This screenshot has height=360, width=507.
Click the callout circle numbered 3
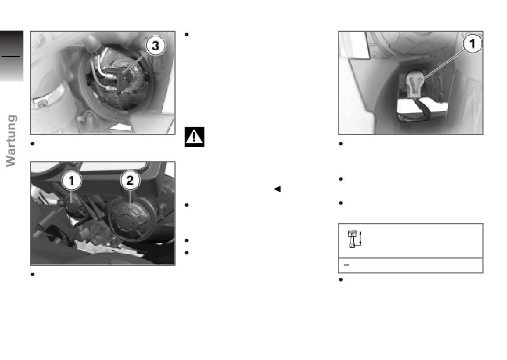click(x=155, y=45)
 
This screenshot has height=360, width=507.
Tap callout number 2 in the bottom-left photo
click(x=130, y=181)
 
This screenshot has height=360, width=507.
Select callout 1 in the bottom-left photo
click(x=72, y=181)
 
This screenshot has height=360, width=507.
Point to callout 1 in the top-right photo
click(x=472, y=43)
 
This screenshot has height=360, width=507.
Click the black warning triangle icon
click(x=194, y=137)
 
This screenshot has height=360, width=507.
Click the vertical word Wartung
click(x=11, y=141)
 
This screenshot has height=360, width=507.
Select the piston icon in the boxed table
click(x=352, y=239)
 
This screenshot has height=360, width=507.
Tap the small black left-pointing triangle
click(x=277, y=189)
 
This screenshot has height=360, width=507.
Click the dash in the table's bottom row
click(x=346, y=265)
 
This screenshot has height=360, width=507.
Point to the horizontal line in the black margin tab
click(x=11, y=57)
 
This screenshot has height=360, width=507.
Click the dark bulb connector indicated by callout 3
click(x=119, y=77)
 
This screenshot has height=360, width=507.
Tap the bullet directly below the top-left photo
click(x=33, y=144)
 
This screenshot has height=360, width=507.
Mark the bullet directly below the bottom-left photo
click(x=33, y=275)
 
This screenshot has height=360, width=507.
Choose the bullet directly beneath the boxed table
click(x=340, y=280)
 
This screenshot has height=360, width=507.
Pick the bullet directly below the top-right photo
click(x=340, y=144)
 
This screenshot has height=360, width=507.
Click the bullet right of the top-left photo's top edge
click(x=187, y=35)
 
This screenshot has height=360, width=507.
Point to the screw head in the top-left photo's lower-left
click(x=42, y=103)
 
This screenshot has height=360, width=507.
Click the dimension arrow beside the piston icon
click(x=360, y=239)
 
